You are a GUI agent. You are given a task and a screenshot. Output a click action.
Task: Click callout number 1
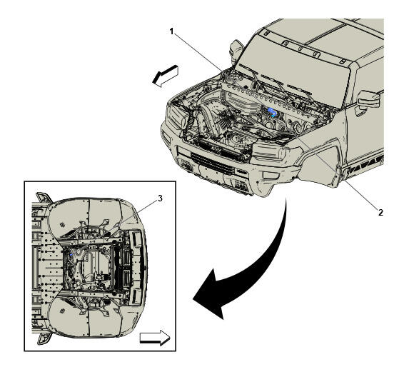point(171,31)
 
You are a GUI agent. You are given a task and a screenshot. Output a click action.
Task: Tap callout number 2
point(380,212)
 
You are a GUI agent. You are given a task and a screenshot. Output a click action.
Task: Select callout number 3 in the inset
point(160,198)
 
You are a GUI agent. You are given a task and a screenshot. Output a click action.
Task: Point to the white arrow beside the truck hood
point(166,76)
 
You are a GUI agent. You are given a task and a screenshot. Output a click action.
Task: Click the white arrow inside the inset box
point(155,338)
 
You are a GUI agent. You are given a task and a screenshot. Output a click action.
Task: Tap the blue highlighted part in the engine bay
point(272,112)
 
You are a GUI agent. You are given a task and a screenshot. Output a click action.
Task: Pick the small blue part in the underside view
point(71,255)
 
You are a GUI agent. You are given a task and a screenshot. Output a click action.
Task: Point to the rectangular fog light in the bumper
point(270,176)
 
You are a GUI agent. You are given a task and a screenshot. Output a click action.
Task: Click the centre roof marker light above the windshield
point(301,49)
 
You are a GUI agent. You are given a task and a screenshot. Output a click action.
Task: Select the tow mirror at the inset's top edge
point(44,198)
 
